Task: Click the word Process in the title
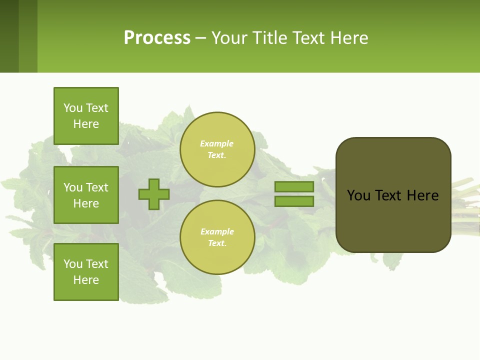(157, 38)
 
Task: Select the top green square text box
(86, 116)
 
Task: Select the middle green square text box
(86, 195)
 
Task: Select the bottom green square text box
(86, 272)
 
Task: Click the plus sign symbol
(154, 194)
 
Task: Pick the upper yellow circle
(217, 149)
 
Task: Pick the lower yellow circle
(217, 237)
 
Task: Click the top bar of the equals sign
(294, 186)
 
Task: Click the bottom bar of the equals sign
(294, 201)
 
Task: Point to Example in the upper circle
(216, 143)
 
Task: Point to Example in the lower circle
(216, 231)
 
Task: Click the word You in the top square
(73, 108)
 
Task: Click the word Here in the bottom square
(86, 280)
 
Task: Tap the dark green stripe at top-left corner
(9, 36)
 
